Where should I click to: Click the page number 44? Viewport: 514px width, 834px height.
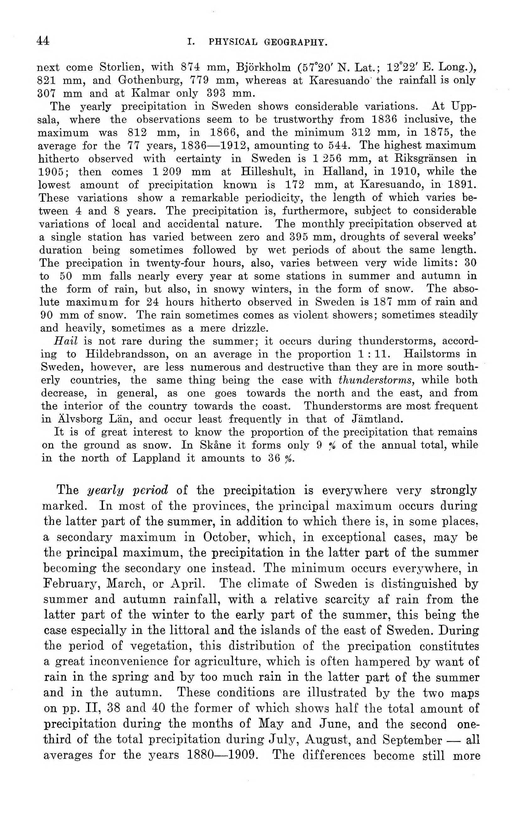pyautogui.click(x=43, y=41)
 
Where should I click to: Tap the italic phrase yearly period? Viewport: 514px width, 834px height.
pyautogui.click(x=127, y=491)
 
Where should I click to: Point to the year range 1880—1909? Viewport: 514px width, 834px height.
pyautogui.click(x=223, y=755)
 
